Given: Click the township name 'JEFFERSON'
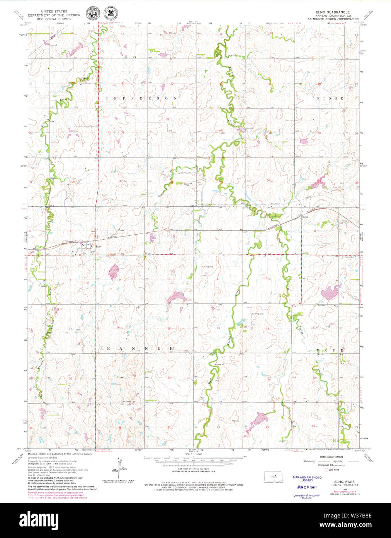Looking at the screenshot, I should (141, 99).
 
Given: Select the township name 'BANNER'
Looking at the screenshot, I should (139, 349).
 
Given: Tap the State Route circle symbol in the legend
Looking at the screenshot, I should (326, 470).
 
